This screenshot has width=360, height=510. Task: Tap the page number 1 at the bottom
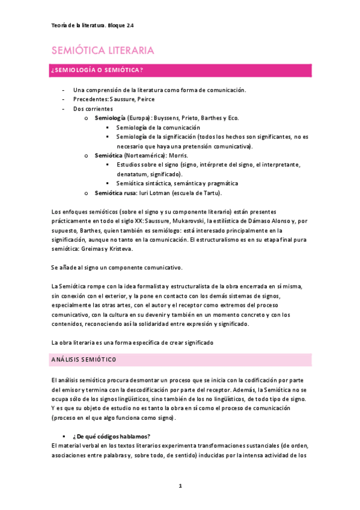tap(180, 486)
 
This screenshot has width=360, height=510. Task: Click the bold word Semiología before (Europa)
tap(111, 118)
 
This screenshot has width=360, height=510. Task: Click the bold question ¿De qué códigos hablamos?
tap(111, 436)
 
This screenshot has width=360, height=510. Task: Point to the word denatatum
tap(133, 174)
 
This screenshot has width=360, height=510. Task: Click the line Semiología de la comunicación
tap(158, 127)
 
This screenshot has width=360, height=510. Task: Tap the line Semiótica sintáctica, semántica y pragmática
tap(177, 183)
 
